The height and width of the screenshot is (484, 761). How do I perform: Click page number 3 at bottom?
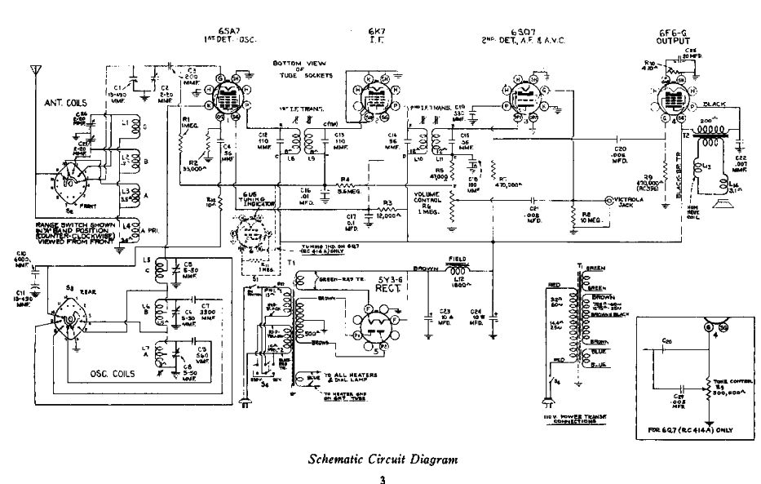(380, 478)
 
